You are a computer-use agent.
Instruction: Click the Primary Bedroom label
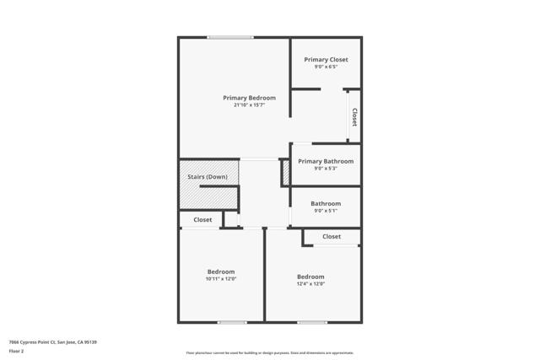point(249,98)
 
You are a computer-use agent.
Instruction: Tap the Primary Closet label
point(326,60)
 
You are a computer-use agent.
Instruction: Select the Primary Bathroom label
point(326,161)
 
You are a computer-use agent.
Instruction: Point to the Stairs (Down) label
point(207,177)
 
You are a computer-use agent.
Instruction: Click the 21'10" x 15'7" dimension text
point(249,105)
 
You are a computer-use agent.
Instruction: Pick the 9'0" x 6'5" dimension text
point(326,67)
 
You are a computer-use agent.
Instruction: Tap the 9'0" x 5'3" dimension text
point(326,169)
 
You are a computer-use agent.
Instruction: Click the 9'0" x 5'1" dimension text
point(326,211)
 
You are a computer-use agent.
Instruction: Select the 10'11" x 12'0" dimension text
point(221,279)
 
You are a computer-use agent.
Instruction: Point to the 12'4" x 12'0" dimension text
point(310,284)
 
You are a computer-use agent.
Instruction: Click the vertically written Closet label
point(354,117)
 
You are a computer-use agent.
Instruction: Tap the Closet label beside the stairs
point(202,220)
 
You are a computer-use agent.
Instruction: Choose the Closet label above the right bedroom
point(332,237)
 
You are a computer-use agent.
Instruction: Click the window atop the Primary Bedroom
point(230,37)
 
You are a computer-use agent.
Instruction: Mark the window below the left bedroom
point(232,322)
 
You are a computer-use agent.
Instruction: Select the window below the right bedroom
point(311,322)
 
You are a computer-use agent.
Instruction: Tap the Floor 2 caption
point(17,352)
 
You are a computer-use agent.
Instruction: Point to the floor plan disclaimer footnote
point(269,353)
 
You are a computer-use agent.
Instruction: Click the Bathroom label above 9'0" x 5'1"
point(326,203)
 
